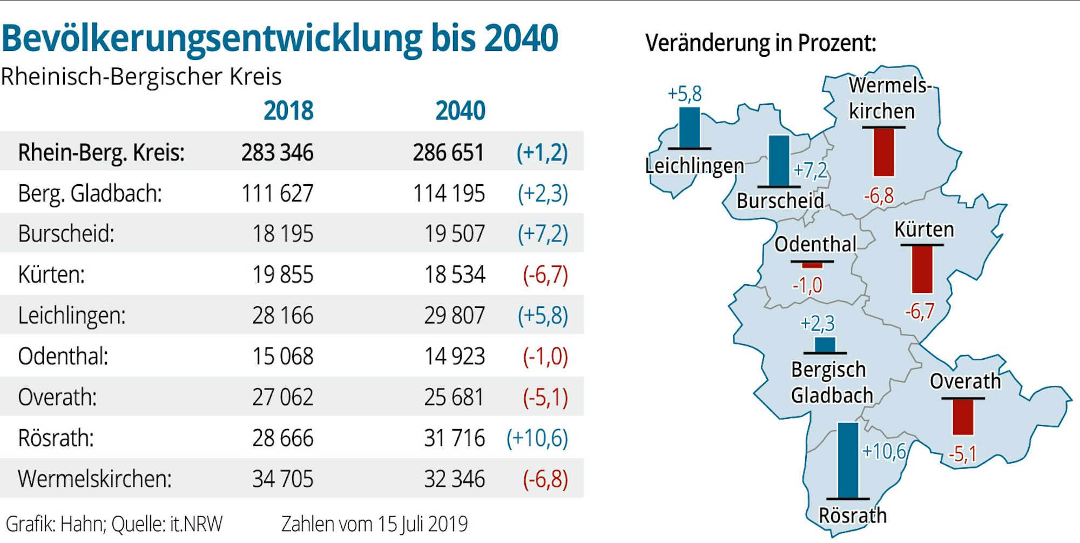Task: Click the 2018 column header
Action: click(288, 111)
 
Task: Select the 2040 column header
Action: click(460, 111)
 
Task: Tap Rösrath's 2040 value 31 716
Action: click(454, 438)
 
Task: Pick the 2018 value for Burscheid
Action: click(282, 234)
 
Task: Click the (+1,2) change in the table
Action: click(542, 153)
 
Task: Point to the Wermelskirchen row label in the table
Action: click(94, 479)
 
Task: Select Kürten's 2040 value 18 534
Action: click(454, 275)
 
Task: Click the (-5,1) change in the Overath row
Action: click(545, 398)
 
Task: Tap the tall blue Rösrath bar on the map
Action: click(848, 459)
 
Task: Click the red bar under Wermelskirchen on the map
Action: click(883, 152)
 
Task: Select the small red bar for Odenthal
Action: click(812, 265)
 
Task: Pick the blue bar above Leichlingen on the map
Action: click(689, 128)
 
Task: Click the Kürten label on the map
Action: click(923, 230)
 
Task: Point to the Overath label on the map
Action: click(965, 381)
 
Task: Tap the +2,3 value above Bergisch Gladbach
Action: click(817, 324)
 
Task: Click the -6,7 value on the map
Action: click(919, 311)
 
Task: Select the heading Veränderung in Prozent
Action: click(760, 43)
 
